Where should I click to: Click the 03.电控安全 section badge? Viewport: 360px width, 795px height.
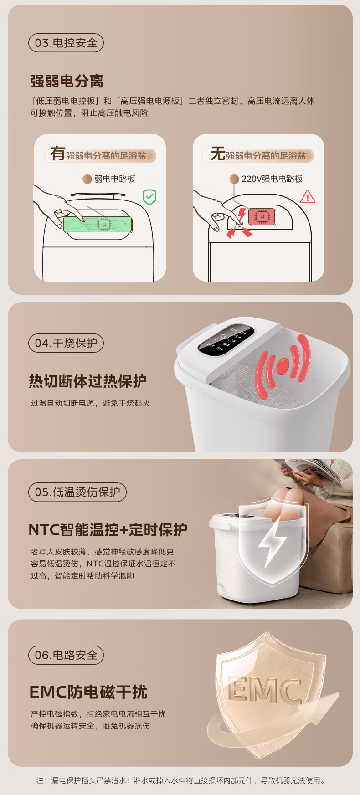[66, 43]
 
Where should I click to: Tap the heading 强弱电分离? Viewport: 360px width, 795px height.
[67, 82]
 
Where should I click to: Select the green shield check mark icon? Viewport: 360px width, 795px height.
[149, 197]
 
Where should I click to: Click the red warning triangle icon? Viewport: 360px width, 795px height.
[308, 196]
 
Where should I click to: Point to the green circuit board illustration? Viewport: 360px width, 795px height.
[98, 224]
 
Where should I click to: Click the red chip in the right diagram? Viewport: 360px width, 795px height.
[262, 217]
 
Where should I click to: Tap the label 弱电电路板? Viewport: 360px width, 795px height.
[115, 179]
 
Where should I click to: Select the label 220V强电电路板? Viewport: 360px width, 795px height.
[272, 179]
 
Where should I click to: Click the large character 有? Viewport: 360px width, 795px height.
[57, 153]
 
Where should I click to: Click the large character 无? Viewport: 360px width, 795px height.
[218, 154]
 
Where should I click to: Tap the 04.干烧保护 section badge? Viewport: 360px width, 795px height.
[66, 343]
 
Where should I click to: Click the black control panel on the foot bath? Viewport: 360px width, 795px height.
[226, 339]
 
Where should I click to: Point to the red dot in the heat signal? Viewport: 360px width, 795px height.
[283, 364]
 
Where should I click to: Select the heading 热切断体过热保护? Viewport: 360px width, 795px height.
[87, 381]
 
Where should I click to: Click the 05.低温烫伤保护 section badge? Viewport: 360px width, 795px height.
[77, 492]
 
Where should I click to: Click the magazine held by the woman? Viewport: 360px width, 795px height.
[310, 469]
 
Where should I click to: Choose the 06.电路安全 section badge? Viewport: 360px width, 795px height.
[66, 655]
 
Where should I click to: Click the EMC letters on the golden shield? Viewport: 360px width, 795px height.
[265, 690]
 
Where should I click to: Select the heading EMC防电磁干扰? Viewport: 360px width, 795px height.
[88, 692]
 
